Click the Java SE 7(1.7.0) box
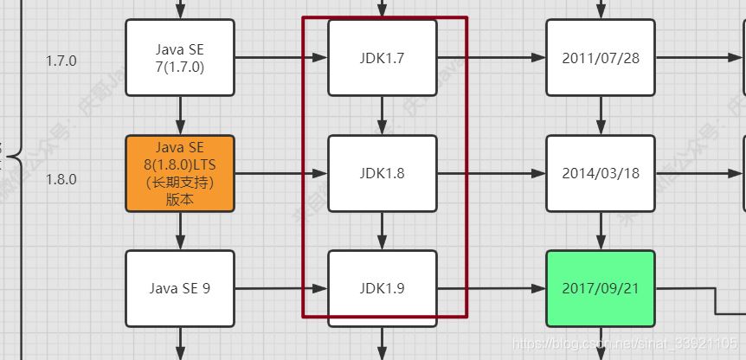pos(180,58)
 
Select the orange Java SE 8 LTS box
pos(180,173)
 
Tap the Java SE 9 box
pos(180,288)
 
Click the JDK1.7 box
pos(383,58)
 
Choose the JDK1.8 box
pos(383,173)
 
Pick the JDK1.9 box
pos(383,288)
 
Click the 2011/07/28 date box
pos(601,58)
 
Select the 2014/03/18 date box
pos(601,173)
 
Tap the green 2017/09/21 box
pos(601,288)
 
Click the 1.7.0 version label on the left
pos(61,61)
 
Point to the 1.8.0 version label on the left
pos(61,179)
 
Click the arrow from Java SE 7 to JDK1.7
pos(280,58)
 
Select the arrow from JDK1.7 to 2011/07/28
pos(492,58)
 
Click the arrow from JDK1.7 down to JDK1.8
pos(383,115)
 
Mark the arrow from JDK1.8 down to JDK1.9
pos(383,230)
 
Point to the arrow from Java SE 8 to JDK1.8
pos(280,173)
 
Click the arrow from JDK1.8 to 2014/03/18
pos(492,173)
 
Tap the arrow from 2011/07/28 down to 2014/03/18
pos(601,115)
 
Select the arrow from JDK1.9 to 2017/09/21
pos(492,288)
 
